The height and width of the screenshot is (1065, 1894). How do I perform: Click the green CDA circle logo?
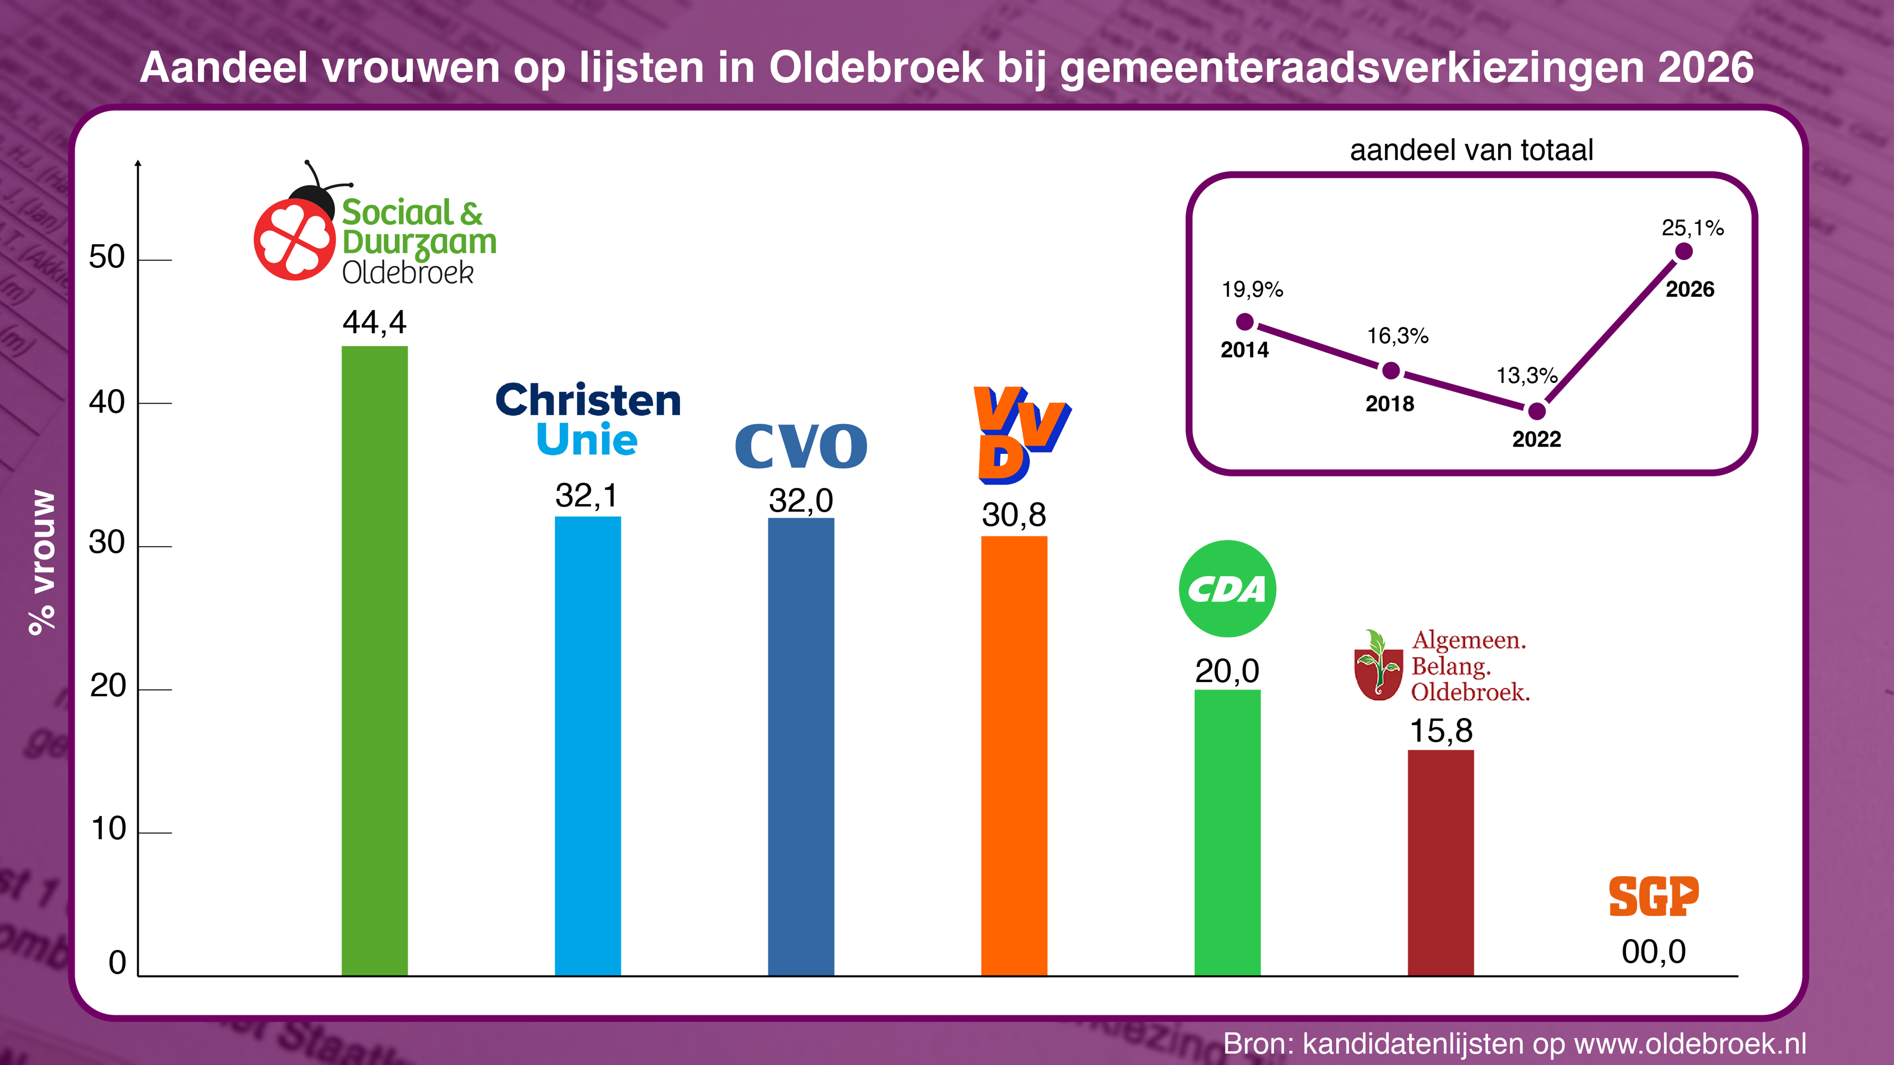coord(1227,589)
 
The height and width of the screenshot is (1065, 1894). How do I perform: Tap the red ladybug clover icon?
coord(294,239)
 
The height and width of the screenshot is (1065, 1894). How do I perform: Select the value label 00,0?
coord(1654,952)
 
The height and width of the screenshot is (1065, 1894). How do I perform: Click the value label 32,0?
coord(801,500)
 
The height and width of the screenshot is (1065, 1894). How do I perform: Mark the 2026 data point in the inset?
coord(1683,251)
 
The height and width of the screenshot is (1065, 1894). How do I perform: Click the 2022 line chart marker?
coord(1536,411)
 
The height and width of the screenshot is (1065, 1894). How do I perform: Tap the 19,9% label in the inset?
coord(1252,290)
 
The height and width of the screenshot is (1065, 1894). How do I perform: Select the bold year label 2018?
coord(1390,403)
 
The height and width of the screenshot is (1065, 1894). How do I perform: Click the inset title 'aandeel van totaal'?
coord(1471,150)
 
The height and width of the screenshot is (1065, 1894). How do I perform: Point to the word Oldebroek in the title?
coord(876,68)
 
